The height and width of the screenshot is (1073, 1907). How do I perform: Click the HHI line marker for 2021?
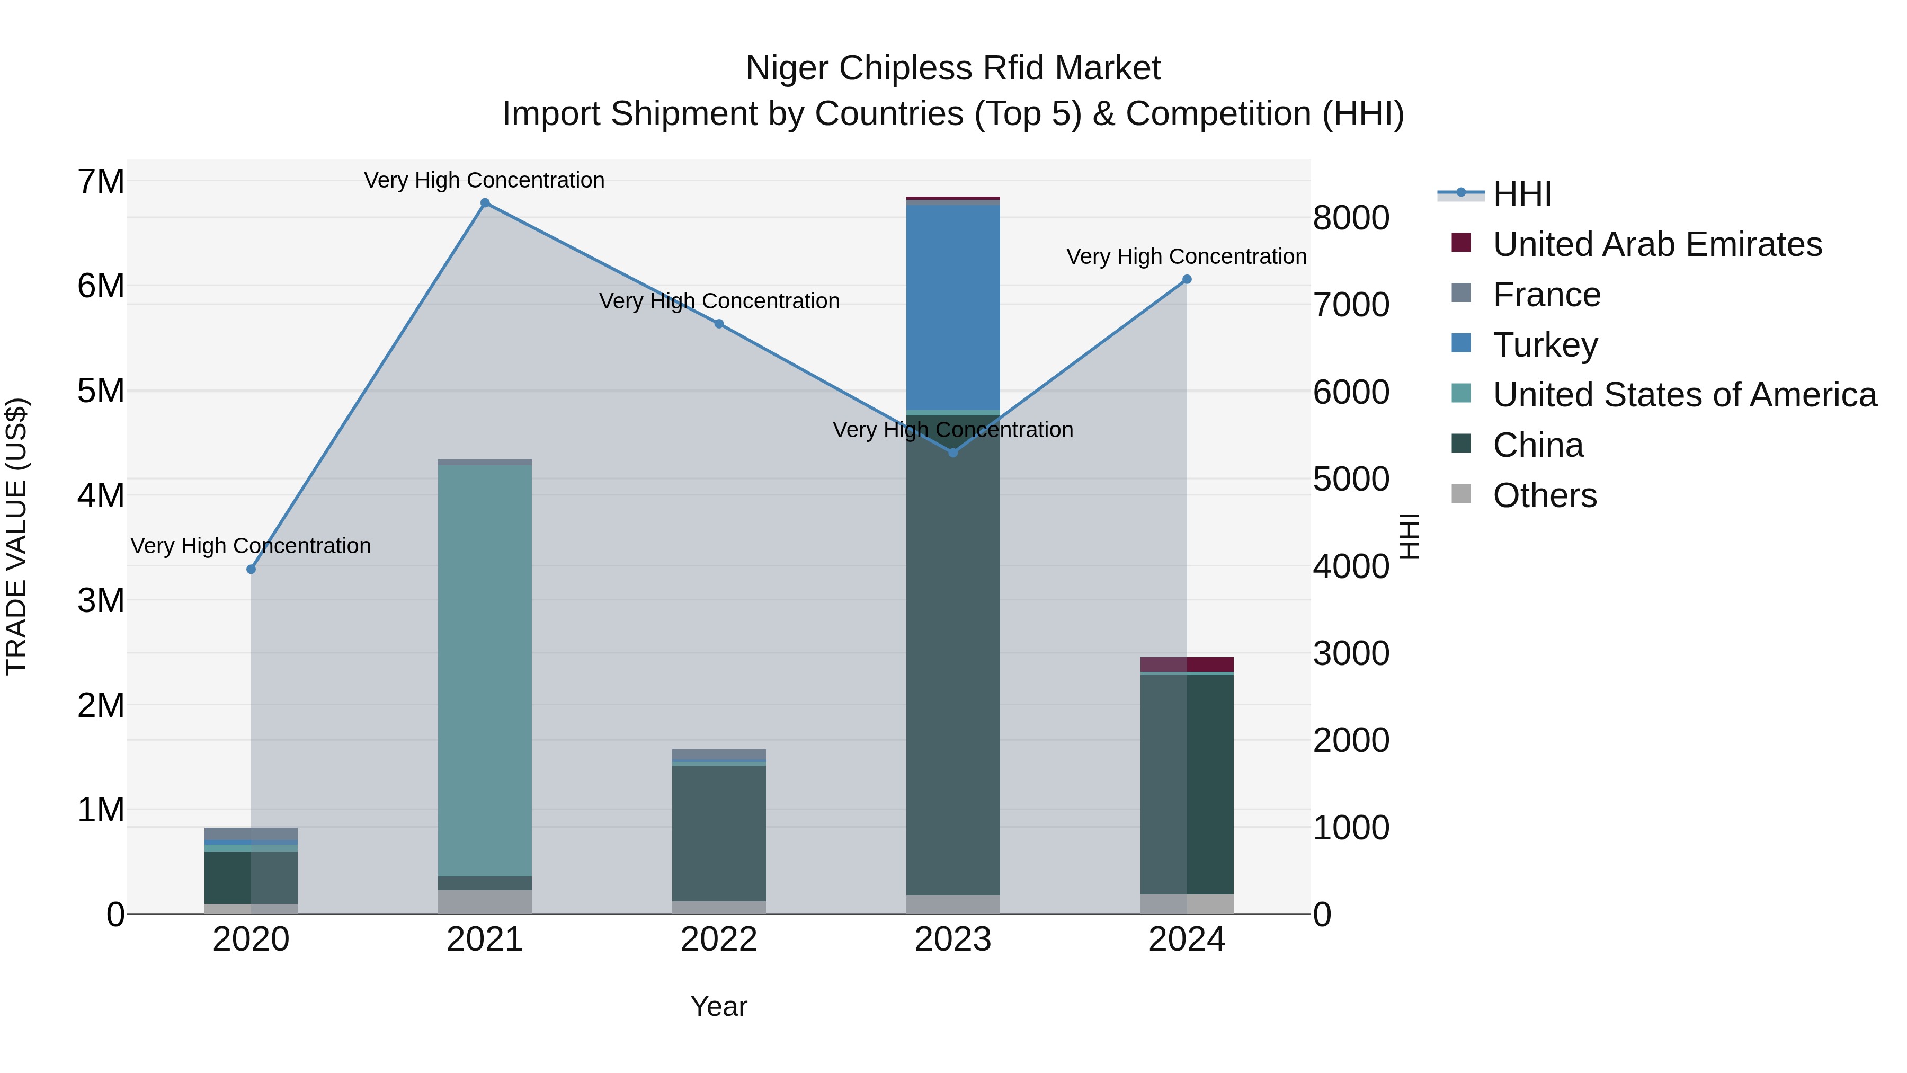pyautogui.click(x=485, y=203)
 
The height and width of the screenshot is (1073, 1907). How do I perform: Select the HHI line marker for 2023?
pyautogui.click(x=953, y=453)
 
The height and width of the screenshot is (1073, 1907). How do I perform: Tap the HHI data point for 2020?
pyautogui.click(x=251, y=570)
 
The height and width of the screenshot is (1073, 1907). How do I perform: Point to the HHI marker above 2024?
pyautogui.click(x=1187, y=279)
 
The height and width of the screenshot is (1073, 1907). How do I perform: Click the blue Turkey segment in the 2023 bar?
pyautogui.click(x=953, y=307)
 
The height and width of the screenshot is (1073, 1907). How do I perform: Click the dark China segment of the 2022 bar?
pyautogui.click(x=719, y=833)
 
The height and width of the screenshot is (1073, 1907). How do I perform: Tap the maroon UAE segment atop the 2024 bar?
pyautogui.click(x=1187, y=664)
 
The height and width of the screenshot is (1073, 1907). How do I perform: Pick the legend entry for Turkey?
pyautogui.click(x=1545, y=345)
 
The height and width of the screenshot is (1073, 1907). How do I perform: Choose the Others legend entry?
pyautogui.click(x=1544, y=495)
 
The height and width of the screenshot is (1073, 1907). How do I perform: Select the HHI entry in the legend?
pyautogui.click(x=1521, y=194)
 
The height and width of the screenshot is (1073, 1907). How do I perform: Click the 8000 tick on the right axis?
pyautogui.click(x=1351, y=218)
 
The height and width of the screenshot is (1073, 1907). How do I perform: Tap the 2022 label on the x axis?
pyautogui.click(x=719, y=939)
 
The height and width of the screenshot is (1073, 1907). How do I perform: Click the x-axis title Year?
pyautogui.click(x=719, y=1006)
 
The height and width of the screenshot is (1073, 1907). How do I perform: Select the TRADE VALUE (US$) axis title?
pyautogui.click(x=16, y=536)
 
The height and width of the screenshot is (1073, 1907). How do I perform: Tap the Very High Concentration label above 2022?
pyautogui.click(x=719, y=301)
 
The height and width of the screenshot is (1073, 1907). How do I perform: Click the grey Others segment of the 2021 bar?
pyautogui.click(x=485, y=902)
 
